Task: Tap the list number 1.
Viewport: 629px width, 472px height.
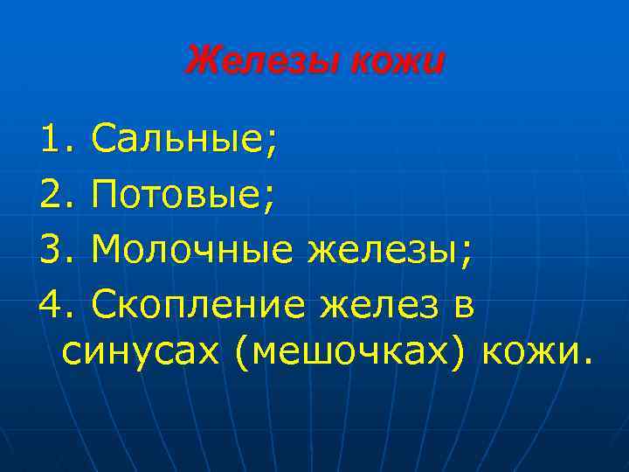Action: (x=55, y=138)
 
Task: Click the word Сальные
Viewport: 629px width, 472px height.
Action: (x=178, y=138)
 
